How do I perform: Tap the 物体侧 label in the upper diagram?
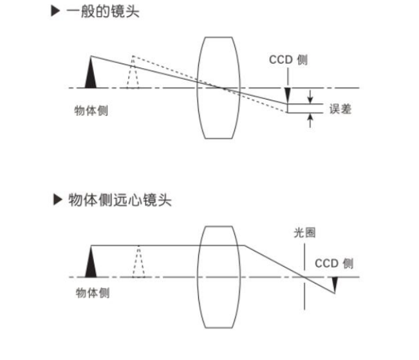click(x=91, y=109)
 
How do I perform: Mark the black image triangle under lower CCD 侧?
click(x=335, y=283)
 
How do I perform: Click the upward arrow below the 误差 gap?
click(x=312, y=120)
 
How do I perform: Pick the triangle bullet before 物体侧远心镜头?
click(x=57, y=200)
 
